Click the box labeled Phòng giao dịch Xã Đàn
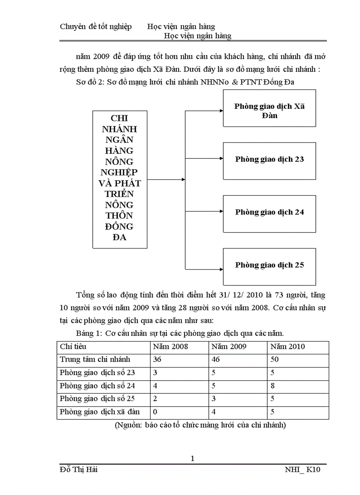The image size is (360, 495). pyautogui.click(x=269, y=108)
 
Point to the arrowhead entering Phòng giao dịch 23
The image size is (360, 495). pyautogui.click(x=220, y=158)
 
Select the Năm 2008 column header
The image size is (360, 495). pyautogui.click(x=170, y=347)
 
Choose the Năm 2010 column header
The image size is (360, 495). pyautogui.click(x=288, y=347)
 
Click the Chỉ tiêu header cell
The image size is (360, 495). pyautogui.click(x=73, y=347)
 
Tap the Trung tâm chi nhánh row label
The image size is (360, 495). pyautogui.click(x=95, y=360)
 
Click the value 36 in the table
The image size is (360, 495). pyautogui.click(x=157, y=360)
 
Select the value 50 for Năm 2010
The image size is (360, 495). pyautogui.click(x=275, y=360)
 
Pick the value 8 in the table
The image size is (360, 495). pyautogui.click(x=273, y=386)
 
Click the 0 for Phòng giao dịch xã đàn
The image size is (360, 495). pyautogui.click(x=155, y=412)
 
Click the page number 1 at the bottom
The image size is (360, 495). pyautogui.click(x=192, y=458)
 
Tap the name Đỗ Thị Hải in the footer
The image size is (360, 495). pyautogui.click(x=79, y=470)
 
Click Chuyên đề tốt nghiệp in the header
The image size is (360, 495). pyautogui.click(x=96, y=27)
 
